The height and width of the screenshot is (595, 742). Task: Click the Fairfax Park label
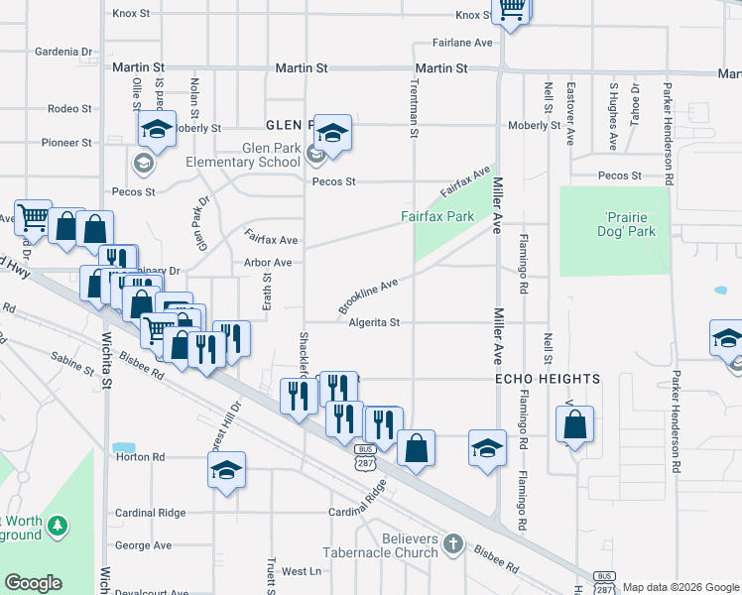click(437, 216)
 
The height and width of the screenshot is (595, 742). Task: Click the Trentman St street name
click(414, 110)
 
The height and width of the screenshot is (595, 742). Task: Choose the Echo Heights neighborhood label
click(548, 380)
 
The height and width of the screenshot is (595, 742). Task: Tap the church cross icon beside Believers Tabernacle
click(453, 542)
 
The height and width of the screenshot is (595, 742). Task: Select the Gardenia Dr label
click(62, 51)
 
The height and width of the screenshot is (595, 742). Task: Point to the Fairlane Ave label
click(461, 44)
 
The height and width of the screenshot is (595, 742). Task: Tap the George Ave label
click(143, 545)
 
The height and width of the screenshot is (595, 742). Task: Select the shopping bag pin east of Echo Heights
click(574, 425)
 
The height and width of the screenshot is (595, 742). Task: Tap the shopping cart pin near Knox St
click(511, 10)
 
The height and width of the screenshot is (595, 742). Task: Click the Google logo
click(33, 583)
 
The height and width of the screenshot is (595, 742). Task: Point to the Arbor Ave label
click(267, 263)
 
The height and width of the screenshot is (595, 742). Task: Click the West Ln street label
click(302, 571)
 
